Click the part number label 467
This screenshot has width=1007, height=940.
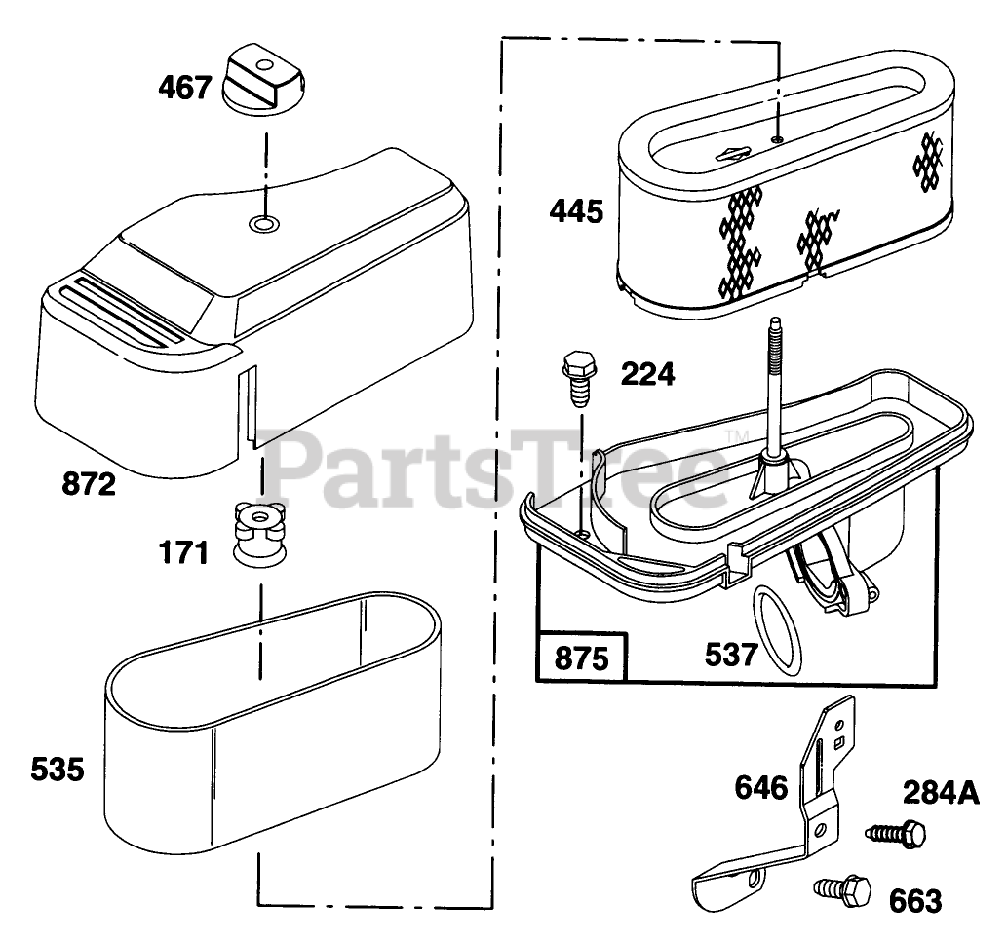pyautogui.click(x=185, y=88)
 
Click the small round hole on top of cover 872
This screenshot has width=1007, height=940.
pyautogui.click(x=261, y=224)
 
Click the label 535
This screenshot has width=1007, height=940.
pyautogui.click(x=57, y=771)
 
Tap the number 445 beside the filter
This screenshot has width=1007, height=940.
pyautogui.click(x=575, y=210)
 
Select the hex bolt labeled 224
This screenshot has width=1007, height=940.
pyautogui.click(x=580, y=385)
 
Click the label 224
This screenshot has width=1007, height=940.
pyautogui.click(x=647, y=373)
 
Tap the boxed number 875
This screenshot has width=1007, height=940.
pyautogui.click(x=582, y=658)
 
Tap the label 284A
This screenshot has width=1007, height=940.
pyautogui.click(x=940, y=793)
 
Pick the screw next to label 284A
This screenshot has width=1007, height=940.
pyautogui.click(x=896, y=833)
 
